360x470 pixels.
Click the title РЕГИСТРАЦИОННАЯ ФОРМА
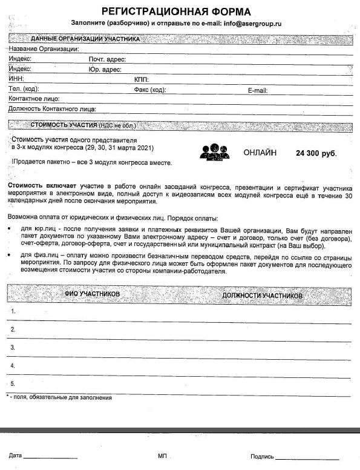[176, 12]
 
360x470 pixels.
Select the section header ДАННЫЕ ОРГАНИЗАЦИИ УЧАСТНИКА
[85, 39]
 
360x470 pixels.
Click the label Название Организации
[44, 49]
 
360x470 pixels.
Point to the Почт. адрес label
[106, 59]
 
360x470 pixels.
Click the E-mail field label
[258, 90]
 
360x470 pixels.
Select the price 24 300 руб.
[316, 154]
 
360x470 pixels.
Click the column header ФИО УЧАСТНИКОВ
[92, 294]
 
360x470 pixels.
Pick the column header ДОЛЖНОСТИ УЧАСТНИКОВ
[262, 295]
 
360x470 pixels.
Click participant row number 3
[13, 348]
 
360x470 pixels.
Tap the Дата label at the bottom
[15, 455]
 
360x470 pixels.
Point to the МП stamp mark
[162, 455]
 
